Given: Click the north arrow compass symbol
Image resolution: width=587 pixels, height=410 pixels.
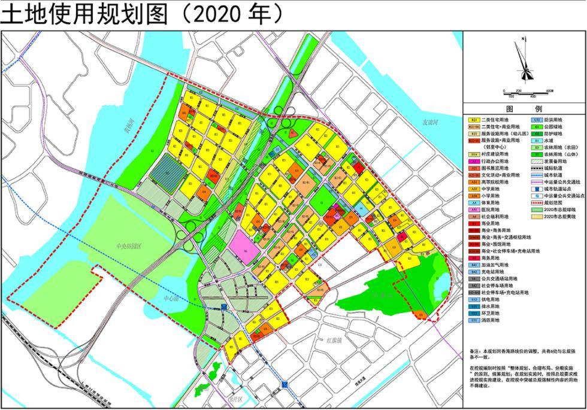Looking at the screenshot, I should pyautogui.click(x=525, y=63).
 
